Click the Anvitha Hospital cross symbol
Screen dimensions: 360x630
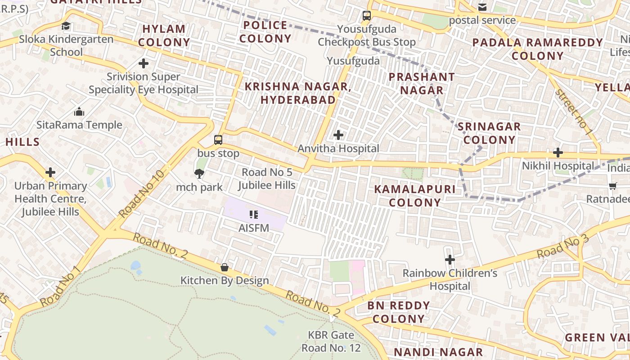338,135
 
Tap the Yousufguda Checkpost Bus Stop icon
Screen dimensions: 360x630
367,16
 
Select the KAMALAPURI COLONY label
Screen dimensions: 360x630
414,196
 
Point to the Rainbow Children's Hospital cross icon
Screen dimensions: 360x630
450,260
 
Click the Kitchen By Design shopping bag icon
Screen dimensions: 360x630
225,267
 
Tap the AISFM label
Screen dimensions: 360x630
254,228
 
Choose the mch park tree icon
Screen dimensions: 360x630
199,173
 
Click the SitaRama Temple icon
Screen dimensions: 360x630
79,112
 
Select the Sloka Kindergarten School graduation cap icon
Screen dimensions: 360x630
66,26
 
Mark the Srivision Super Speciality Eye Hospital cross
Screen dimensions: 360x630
144,63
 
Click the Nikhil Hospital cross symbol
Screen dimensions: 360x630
558,153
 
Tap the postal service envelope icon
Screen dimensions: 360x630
482,7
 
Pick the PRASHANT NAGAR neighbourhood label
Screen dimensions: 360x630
422,83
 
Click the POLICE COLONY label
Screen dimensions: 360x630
265,32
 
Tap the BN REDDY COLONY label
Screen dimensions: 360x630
399,312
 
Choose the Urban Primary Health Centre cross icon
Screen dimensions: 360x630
50,172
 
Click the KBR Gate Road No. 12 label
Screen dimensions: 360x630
331,342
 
